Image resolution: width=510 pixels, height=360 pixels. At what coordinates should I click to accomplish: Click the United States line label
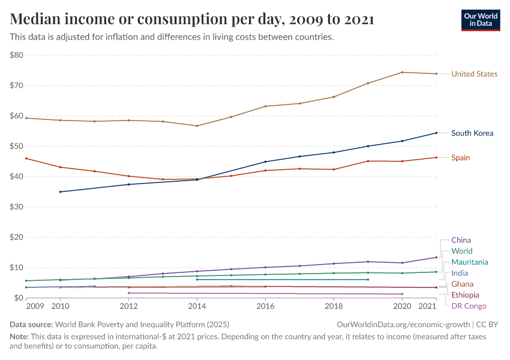click(474, 74)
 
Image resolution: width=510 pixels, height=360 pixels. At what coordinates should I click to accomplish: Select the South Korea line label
click(472, 133)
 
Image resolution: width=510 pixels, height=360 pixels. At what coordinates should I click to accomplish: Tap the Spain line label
click(460, 158)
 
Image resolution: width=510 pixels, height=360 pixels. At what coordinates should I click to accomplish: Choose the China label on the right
click(461, 240)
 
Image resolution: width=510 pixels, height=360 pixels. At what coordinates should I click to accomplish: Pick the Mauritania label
click(469, 262)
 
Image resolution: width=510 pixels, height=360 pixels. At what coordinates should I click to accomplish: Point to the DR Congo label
click(469, 306)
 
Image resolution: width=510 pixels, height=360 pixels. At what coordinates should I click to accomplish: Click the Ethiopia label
click(465, 295)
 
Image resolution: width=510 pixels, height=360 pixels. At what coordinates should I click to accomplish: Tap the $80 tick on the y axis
click(16, 55)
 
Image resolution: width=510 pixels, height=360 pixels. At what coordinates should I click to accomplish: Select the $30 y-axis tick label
click(16, 207)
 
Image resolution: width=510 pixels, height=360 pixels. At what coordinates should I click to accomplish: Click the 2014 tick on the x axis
click(197, 307)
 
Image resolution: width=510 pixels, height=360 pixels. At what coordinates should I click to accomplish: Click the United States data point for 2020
click(401, 73)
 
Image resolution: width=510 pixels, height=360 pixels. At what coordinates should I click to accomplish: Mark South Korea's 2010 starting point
click(60, 192)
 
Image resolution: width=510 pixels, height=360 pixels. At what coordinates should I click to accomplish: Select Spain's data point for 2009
click(26, 158)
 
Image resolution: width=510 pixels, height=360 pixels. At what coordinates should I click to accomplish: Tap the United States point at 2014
click(197, 126)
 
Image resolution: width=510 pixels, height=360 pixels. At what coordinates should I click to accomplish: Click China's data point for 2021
click(436, 257)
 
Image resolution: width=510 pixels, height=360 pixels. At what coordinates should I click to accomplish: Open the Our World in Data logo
click(480, 20)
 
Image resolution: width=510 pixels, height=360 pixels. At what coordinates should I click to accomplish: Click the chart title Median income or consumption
click(192, 19)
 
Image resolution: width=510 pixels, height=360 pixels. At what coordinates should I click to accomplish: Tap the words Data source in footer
click(31, 325)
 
